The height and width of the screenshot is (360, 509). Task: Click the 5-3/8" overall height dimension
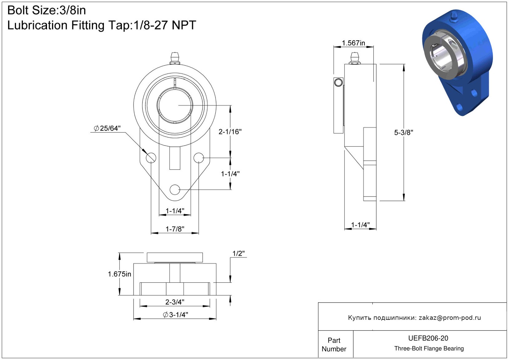(403, 133)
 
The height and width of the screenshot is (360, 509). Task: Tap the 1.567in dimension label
(353, 43)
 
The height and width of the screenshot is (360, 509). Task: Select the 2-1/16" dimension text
(230, 132)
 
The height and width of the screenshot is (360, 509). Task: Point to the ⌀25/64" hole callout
(107, 128)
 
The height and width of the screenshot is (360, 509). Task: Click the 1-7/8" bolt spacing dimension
(175, 229)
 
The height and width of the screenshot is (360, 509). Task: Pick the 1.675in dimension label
(120, 274)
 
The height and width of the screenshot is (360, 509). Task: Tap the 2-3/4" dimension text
(175, 302)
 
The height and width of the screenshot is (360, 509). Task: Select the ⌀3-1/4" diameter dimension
(176, 315)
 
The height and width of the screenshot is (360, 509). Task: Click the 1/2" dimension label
(239, 253)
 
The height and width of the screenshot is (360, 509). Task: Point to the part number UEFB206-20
(428, 338)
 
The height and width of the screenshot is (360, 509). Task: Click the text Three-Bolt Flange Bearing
(429, 348)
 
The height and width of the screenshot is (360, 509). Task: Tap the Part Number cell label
(334, 345)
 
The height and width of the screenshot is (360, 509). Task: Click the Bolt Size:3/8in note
(47, 10)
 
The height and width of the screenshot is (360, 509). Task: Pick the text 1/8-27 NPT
(165, 25)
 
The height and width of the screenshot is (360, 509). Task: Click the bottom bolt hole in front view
(175, 189)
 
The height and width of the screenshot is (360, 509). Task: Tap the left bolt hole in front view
(151, 158)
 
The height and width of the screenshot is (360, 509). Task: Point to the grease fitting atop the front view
(175, 58)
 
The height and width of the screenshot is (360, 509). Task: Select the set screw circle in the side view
(338, 82)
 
